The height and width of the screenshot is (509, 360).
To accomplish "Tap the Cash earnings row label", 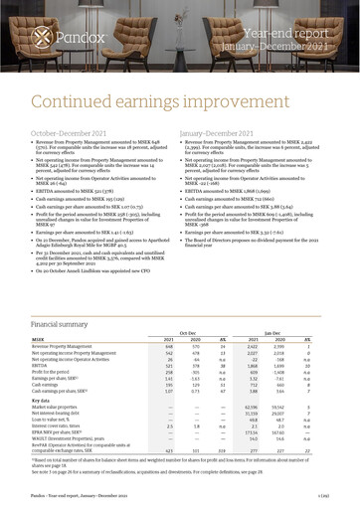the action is click(47, 386).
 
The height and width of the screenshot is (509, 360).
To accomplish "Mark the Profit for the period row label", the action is click(54, 373).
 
